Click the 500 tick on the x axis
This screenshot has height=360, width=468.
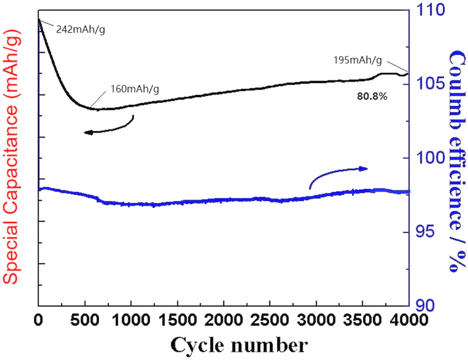pyautogui.click(x=85, y=320)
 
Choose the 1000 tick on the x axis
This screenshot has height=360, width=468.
pyautogui.click(x=131, y=320)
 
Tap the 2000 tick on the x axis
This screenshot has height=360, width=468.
pyautogui.click(x=224, y=320)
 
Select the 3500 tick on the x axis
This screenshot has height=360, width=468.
pyautogui.click(x=362, y=320)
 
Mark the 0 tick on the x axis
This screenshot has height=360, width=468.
pyautogui.click(x=39, y=320)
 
